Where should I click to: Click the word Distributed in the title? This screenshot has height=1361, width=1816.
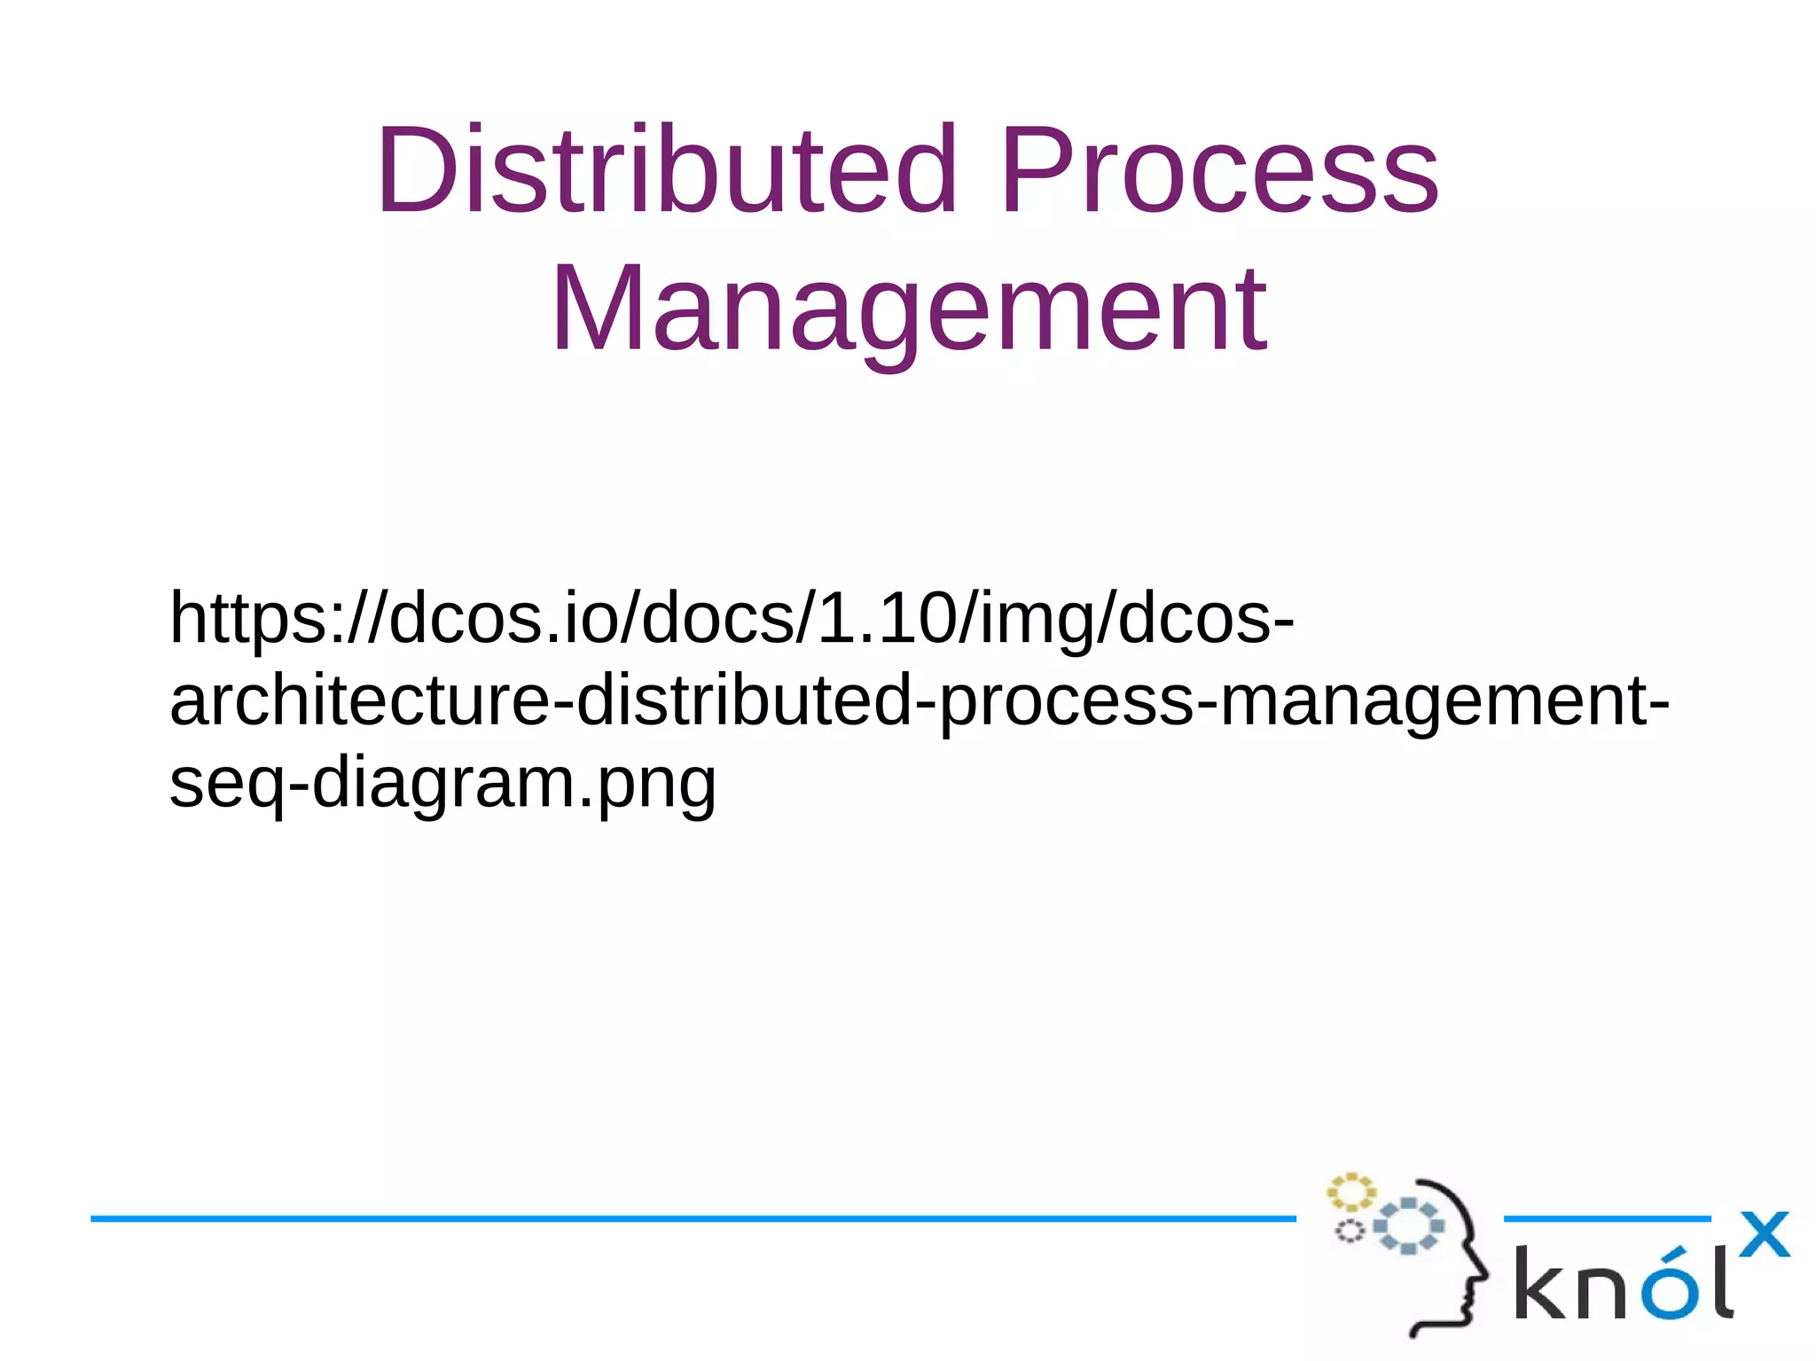665,170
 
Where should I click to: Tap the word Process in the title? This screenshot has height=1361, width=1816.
1219,170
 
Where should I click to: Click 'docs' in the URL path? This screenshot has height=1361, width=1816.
718,618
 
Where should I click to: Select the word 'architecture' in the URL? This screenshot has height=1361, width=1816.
359,700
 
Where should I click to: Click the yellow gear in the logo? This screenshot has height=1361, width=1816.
1350,1192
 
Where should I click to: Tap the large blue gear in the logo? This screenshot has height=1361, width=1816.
1408,1226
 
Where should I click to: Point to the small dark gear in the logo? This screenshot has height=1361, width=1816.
1350,1232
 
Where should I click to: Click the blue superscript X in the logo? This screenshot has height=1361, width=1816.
1764,1234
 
